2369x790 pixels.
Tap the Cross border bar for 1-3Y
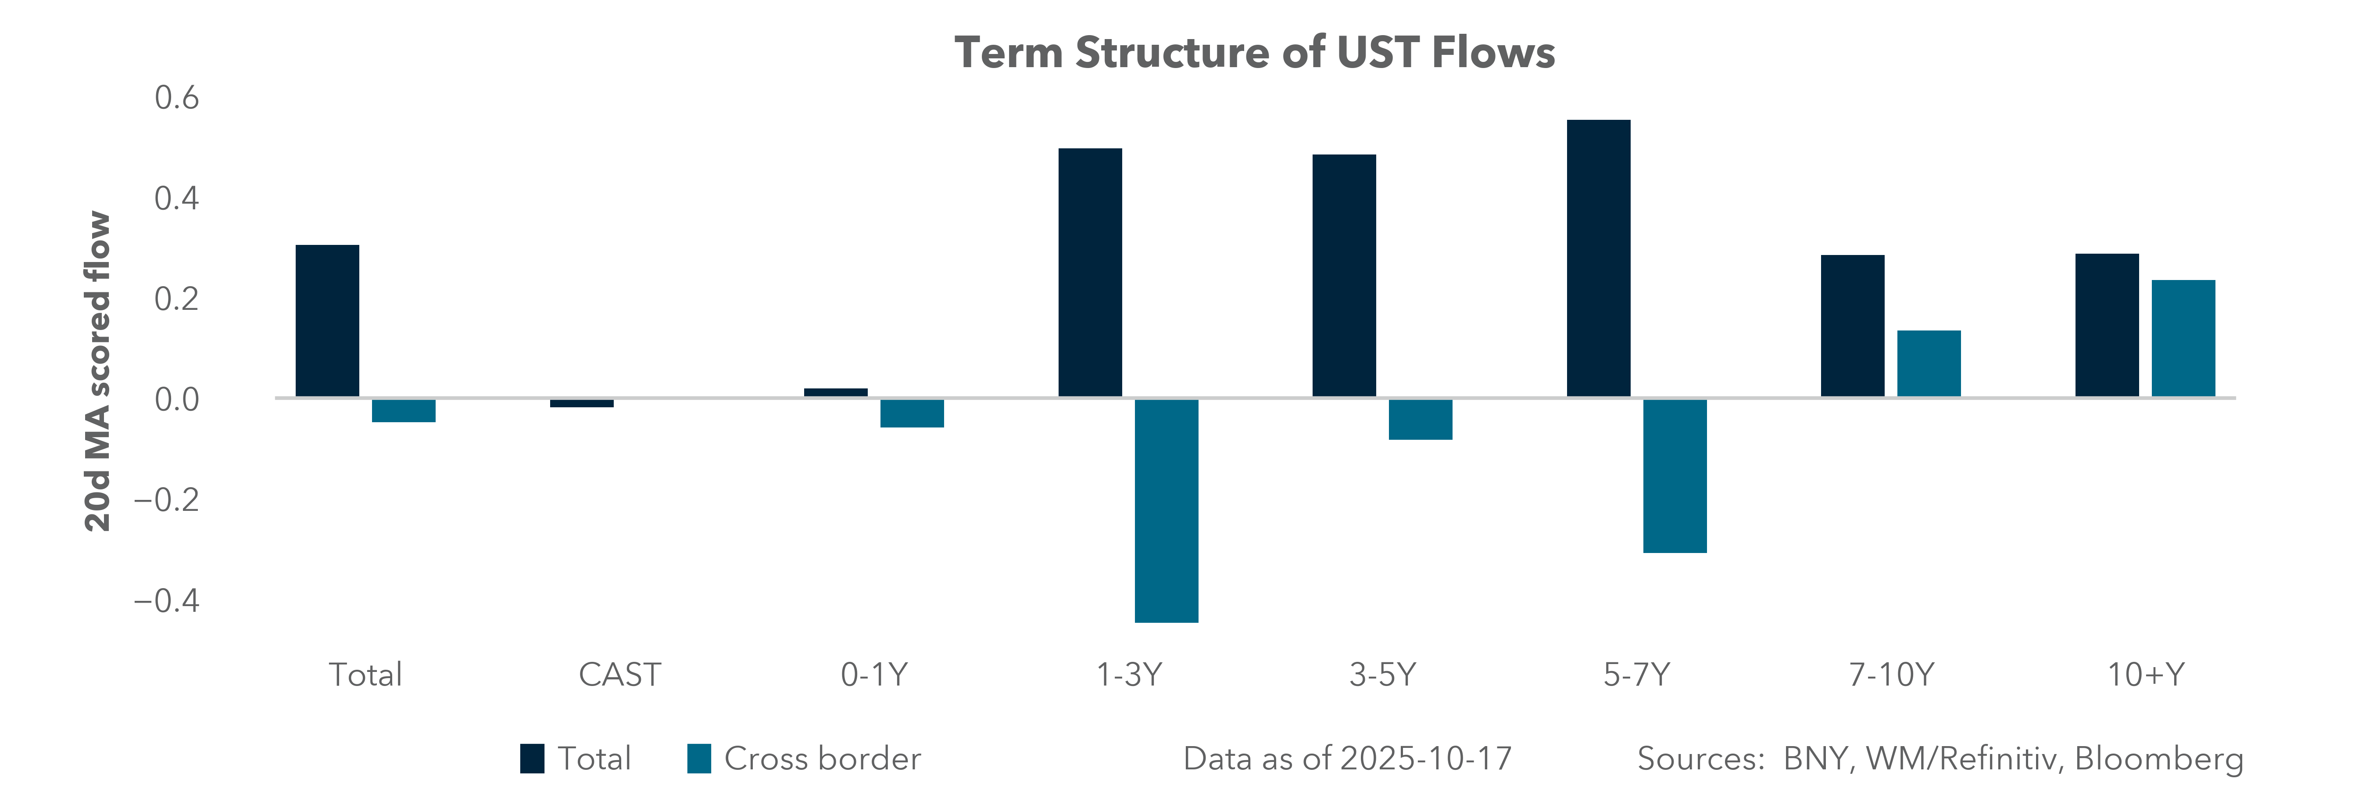[1166, 510]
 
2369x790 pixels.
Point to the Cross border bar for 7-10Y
[1929, 363]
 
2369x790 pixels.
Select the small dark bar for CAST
[581, 403]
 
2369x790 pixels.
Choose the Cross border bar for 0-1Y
[911, 413]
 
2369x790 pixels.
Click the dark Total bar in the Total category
[327, 321]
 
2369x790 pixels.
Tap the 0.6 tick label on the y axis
[176, 97]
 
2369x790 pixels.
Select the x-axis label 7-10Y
[1891, 675]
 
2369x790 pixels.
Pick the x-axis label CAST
[619, 675]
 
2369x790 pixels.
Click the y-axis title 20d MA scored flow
[97, 372]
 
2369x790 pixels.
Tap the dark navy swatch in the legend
[532, 759]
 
